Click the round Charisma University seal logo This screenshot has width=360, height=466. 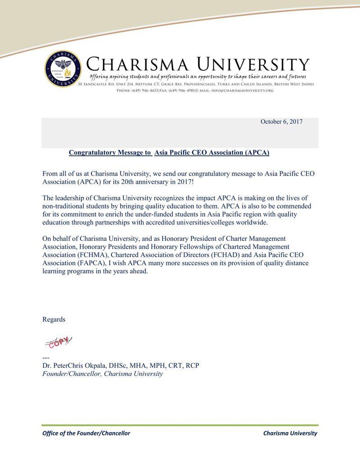click(x=63, y=69)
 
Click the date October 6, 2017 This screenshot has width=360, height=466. click(x=281, y=122)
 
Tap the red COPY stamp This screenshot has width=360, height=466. click(x=58, y=342)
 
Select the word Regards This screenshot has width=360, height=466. click(x=54, y=319)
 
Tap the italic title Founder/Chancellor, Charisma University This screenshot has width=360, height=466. click(x=103, y=374)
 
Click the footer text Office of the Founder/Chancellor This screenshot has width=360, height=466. click(x=86, y=433)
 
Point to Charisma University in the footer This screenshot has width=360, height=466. click(x=290, y=433)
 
